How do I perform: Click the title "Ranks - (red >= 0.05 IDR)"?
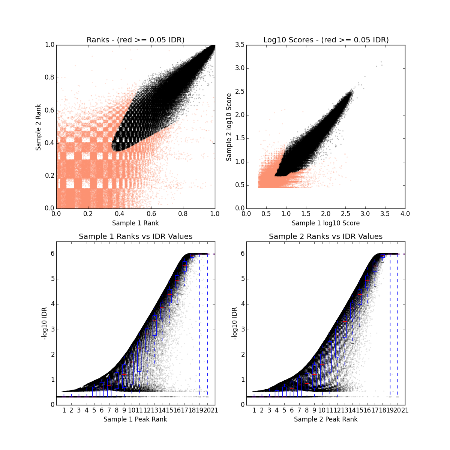135,40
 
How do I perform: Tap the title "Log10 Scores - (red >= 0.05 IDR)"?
325,40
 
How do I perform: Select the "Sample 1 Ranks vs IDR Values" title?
135,236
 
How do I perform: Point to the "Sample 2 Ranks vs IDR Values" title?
325,236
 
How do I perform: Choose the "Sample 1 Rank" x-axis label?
135,223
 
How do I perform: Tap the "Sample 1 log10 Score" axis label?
325,223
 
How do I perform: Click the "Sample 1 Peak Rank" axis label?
135,419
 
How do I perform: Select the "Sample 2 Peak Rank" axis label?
325,419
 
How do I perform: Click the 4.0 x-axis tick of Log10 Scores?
405,214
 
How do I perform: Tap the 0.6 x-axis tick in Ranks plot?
151,214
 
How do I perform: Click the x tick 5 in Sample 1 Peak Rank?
94,410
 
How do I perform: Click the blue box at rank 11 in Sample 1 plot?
139,356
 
